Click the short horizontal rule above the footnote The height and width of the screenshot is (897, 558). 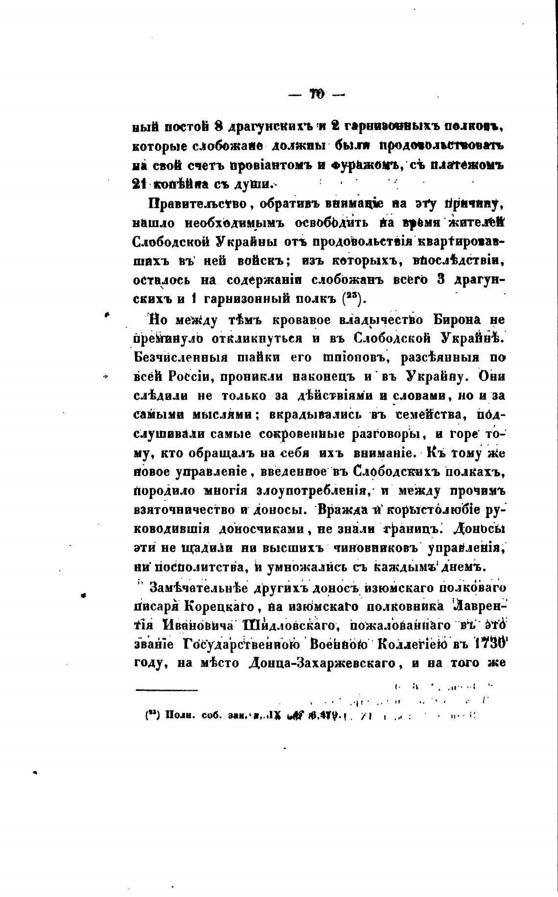(167, 690)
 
